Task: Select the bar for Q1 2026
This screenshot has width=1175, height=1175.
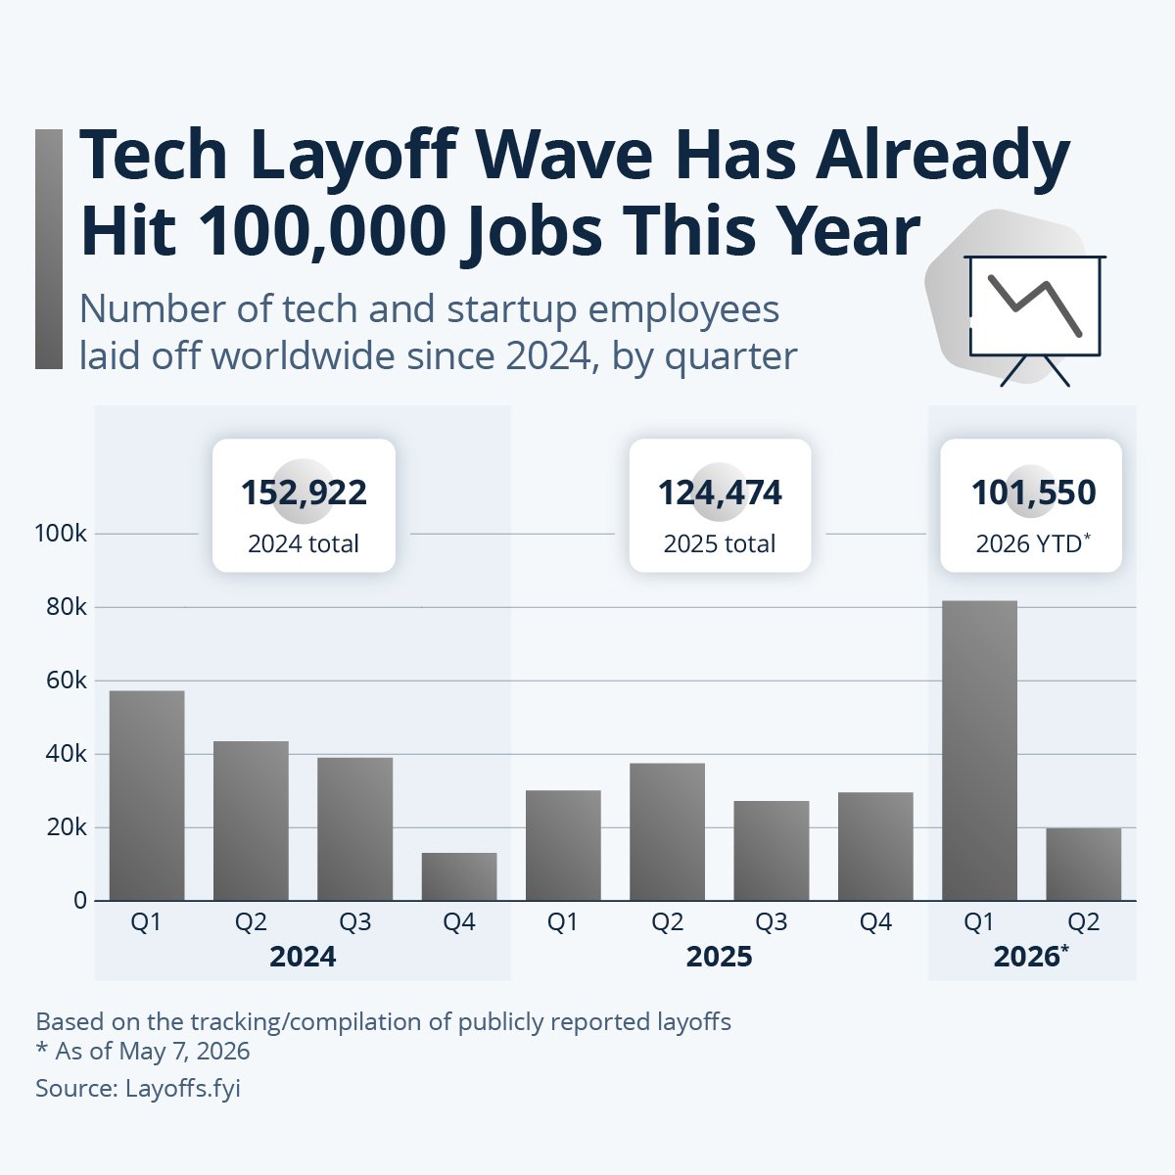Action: (x=979, y=750)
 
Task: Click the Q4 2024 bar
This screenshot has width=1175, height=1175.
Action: (x=459, y=876)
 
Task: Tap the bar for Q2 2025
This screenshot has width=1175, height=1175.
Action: (x=667, y=831)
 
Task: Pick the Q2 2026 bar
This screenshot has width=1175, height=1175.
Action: (x=1084, y=864)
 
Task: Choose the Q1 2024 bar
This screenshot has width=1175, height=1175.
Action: (x=147, y=795)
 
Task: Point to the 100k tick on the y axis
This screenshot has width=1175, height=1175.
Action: (x=61, y=534)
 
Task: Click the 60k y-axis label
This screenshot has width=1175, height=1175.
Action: (x=67, y=681)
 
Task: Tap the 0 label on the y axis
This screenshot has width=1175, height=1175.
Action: (x=80, y=901)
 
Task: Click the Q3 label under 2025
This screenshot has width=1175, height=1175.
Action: (x=772, y=922)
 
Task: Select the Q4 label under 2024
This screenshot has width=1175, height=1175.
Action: (x=459, y=922)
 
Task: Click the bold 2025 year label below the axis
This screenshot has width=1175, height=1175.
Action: (x=719, y=957)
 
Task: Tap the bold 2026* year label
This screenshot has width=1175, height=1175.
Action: (x=1031, y=956)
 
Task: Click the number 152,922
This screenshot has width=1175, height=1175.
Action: (x=304, y=493)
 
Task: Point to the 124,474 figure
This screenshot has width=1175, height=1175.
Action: (x=720, y=493)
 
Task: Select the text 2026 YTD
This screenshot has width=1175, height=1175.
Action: (x=1029, y=543)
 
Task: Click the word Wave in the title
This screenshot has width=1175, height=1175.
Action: (x=563, y=155)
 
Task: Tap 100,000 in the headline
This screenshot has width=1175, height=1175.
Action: (x=322, y=233)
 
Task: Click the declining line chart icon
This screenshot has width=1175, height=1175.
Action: (x=1035, y=321)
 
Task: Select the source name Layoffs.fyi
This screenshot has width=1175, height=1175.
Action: (x=183, y=1089)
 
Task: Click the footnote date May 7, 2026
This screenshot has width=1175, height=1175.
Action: (x=184, y=1052)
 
